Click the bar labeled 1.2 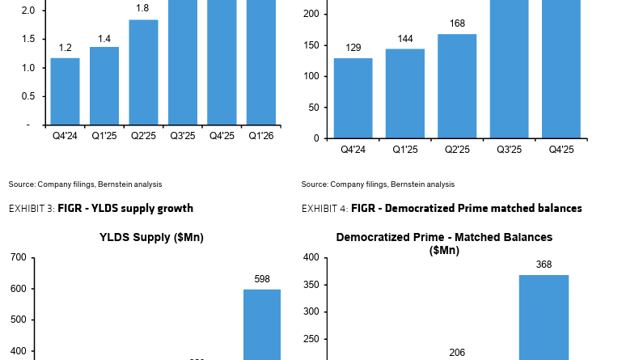(65, 91)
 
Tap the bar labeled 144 (404, 93)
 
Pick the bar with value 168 (457, 86)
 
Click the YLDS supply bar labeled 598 (262, 324)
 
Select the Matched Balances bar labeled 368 (544, 316)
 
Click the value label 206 (457, 353)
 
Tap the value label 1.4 (104, 38)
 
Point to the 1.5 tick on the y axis (29, 39)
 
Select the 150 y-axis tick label (313, 45)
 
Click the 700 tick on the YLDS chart (19, 257)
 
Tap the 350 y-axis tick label (311, 285)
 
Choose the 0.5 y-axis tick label (29, 96)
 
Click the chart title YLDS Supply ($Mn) (151, 237)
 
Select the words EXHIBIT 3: (32, 209)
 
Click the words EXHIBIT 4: (324, 209)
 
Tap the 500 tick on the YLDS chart (19, 320)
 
